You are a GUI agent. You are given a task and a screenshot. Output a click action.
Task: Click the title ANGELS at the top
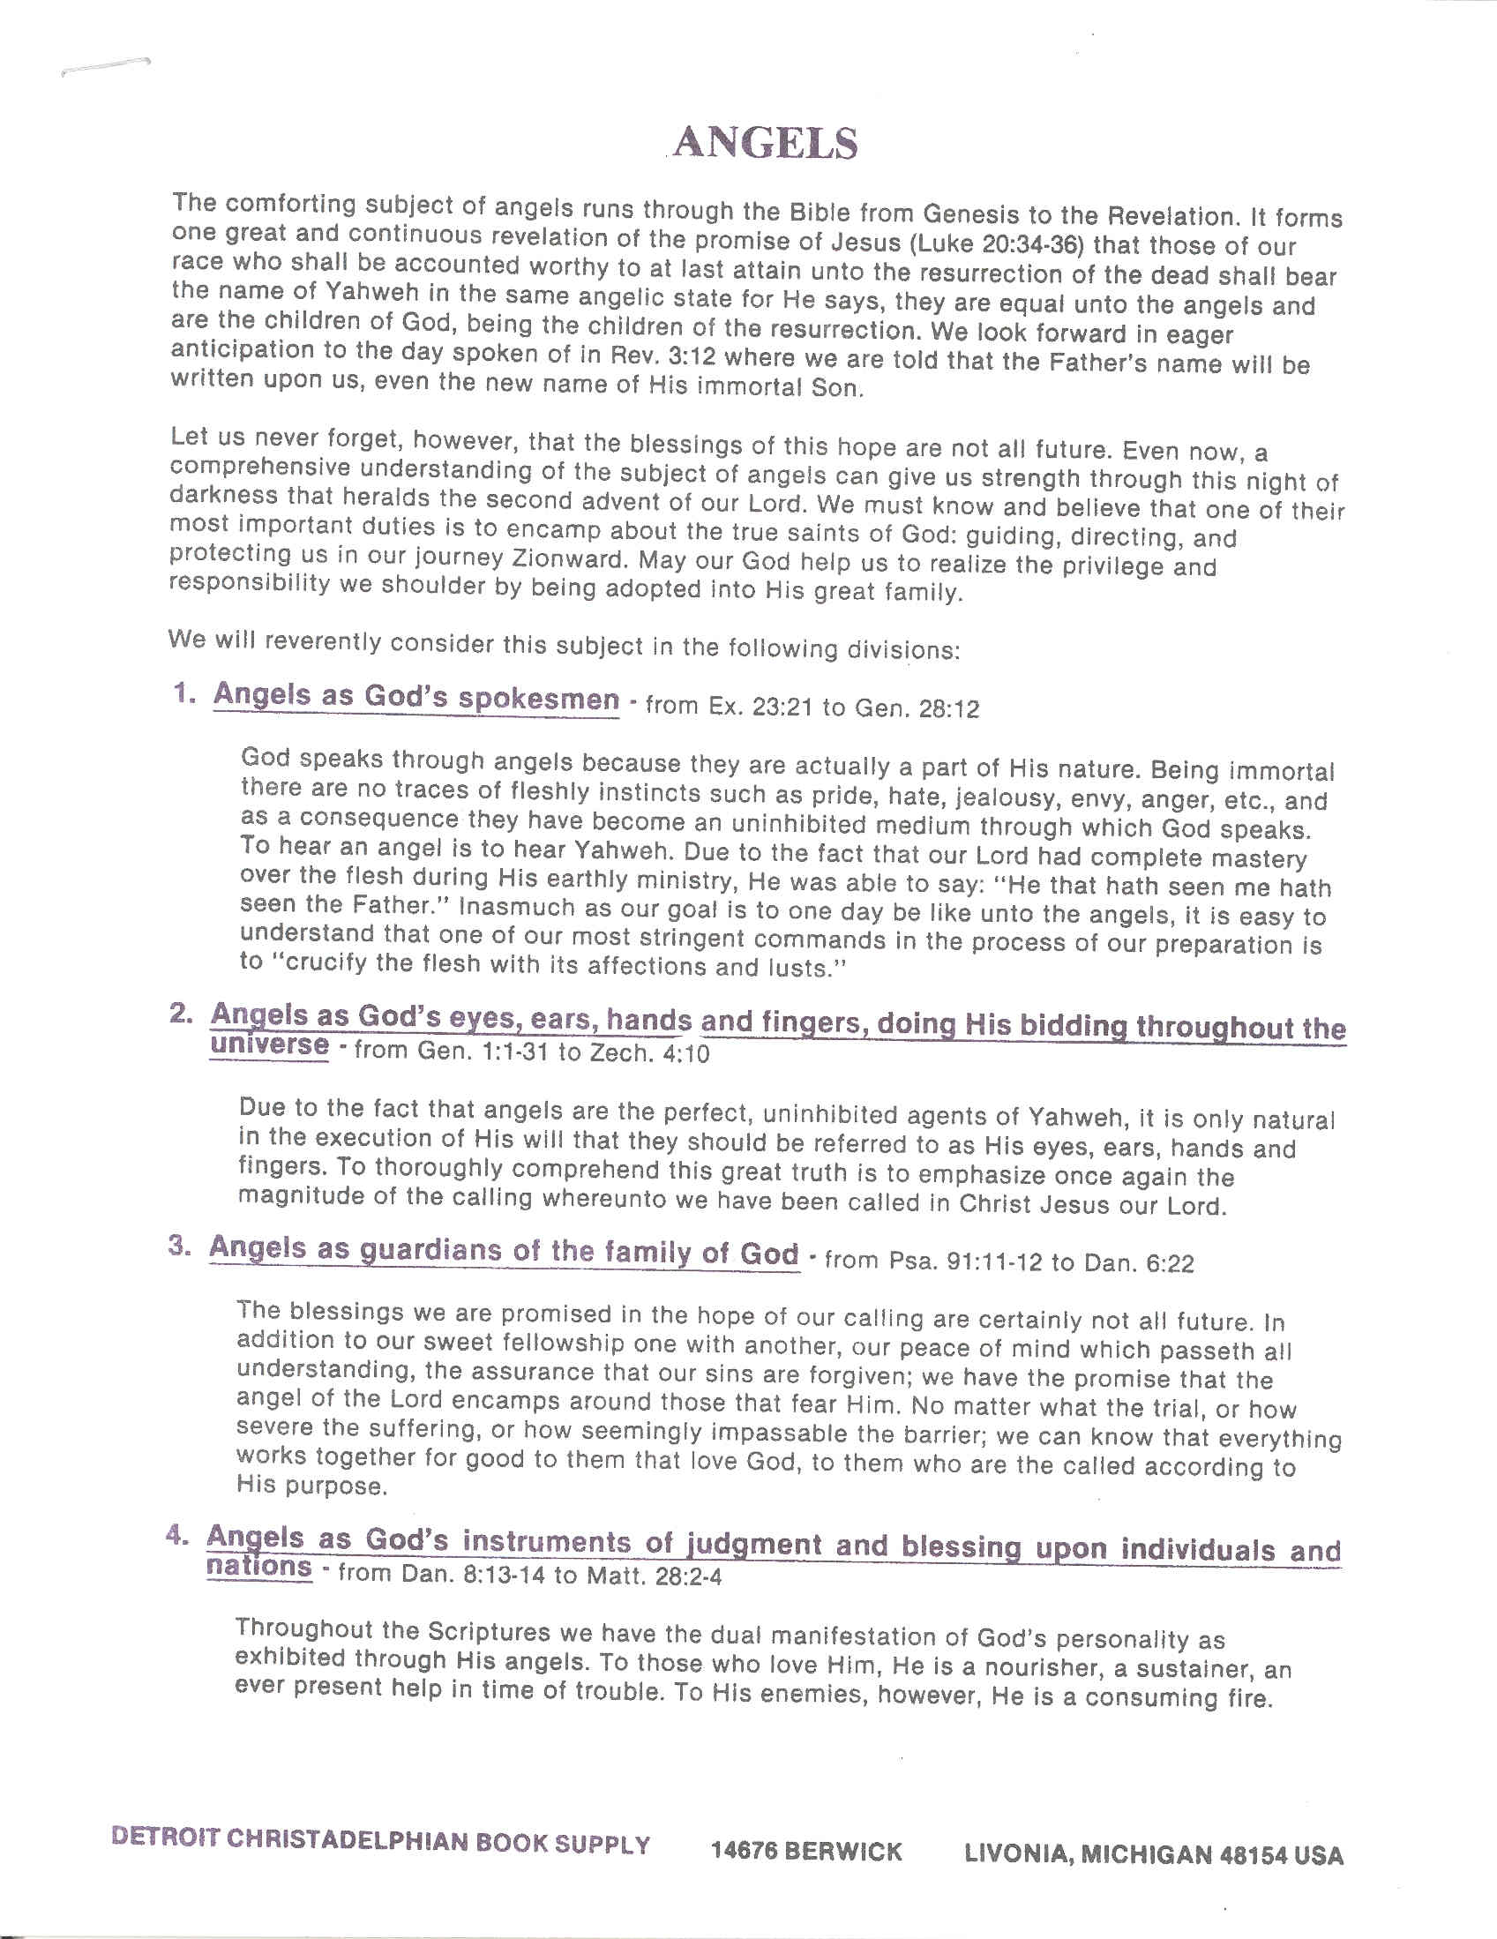pos(767,144)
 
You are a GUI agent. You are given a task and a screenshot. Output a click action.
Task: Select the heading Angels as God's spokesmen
pos(415,697)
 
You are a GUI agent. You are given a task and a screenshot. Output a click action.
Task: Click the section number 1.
pos(183,693)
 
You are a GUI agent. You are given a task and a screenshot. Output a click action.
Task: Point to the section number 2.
pos(180,1014)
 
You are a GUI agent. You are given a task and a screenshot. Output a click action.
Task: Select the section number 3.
pos(179,1246)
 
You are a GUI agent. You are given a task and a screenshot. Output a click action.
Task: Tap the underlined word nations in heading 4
pos(259,1566)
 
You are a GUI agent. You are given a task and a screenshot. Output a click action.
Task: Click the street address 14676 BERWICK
pos(805,1851)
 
